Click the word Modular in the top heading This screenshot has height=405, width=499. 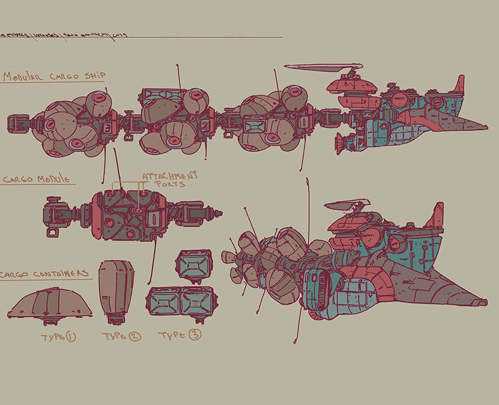pos(25,77)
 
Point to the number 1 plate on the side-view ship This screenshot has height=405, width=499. pos(303,123)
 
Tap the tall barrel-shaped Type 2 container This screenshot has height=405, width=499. pos(116,290)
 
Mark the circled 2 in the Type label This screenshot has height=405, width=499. pos(134,337)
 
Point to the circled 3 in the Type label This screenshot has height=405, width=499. pos(195,335)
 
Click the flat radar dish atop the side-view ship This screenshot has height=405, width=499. pos(324,67)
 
